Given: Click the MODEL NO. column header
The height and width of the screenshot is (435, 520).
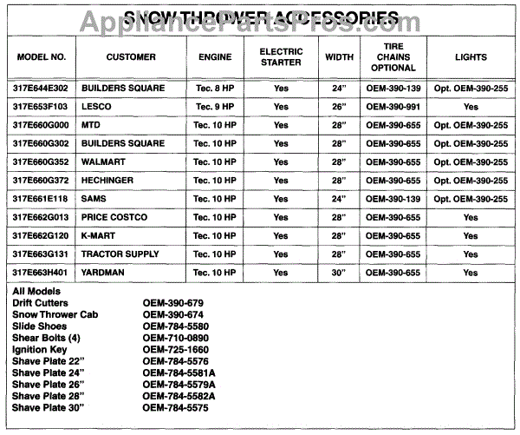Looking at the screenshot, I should (x=42, y=57).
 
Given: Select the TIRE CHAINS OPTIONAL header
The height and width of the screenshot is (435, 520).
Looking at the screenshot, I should (x=393, y=57).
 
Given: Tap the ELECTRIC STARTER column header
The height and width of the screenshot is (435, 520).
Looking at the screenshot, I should (x=281, y=57).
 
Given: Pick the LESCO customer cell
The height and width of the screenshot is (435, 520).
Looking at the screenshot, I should (x=97, y=106).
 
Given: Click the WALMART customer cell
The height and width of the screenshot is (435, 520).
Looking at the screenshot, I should (x=104, y=161).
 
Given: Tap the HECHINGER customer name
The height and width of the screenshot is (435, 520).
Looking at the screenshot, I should (x=108, y=180).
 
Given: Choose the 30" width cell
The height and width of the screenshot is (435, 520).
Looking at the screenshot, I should (x=338, y=273).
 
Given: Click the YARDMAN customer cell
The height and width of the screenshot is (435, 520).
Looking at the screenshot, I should (x=105, y=273).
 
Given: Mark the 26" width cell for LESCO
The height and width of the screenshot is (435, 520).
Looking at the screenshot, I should (x=338, y=107).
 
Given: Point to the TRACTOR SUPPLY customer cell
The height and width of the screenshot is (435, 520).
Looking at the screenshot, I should (x=120, y=254).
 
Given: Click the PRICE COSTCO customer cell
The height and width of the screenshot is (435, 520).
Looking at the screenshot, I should (x=114, y=217).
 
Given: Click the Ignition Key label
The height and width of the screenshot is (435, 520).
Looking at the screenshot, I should (x=41, y=350).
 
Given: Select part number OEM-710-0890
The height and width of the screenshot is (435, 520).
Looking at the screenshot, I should (x=176, y=338).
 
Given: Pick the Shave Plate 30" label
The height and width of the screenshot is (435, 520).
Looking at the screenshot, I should (x=50, y=406).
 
